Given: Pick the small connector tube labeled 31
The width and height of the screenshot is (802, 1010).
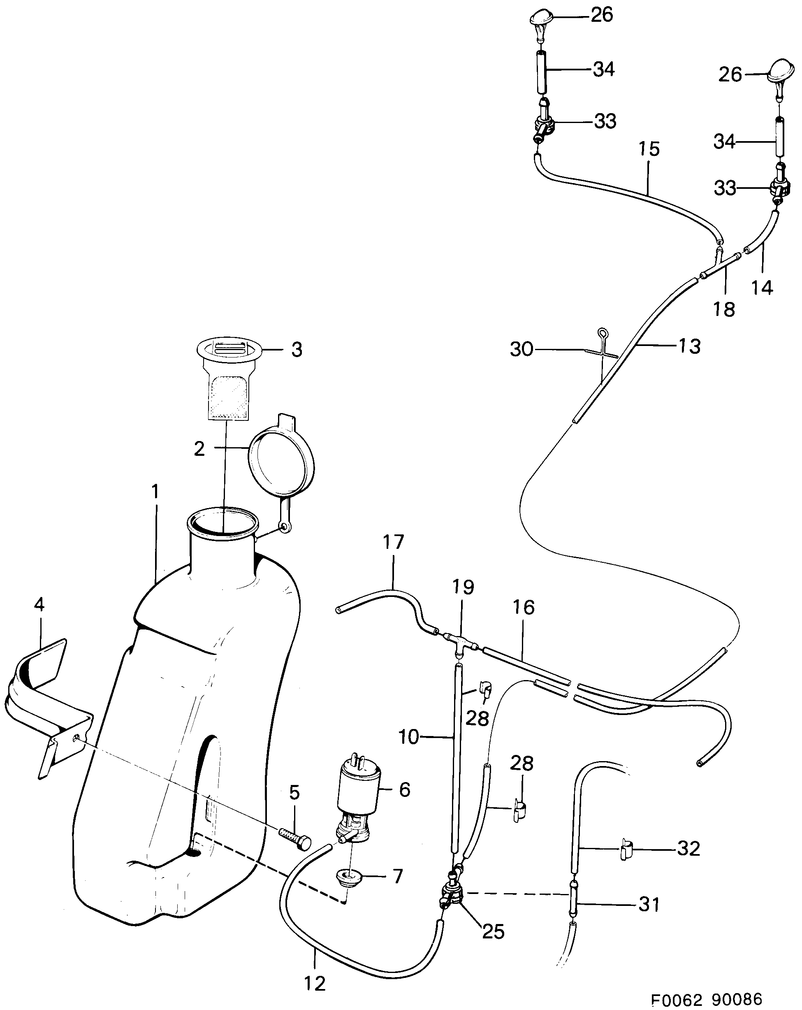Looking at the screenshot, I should coord(573,905).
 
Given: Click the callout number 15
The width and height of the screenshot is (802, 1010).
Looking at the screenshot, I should coord(649,149).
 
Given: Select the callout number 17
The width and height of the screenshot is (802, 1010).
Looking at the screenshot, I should coord(393,542).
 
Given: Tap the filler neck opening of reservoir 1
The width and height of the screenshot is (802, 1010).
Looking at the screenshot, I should coord(223,522).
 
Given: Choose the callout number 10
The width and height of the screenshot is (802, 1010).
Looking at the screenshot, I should coord(408,737).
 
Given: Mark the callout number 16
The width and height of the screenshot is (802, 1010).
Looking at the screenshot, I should coord(523,608).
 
